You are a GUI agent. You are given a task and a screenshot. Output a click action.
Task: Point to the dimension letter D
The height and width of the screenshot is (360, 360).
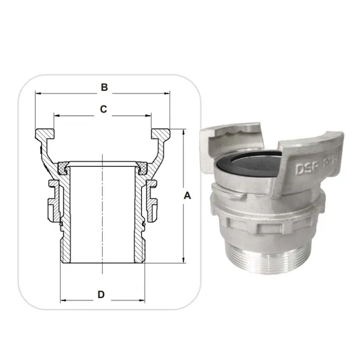tap(101, 295)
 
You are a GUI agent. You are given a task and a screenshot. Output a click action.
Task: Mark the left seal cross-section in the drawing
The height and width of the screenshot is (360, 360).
tap(65, 169)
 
